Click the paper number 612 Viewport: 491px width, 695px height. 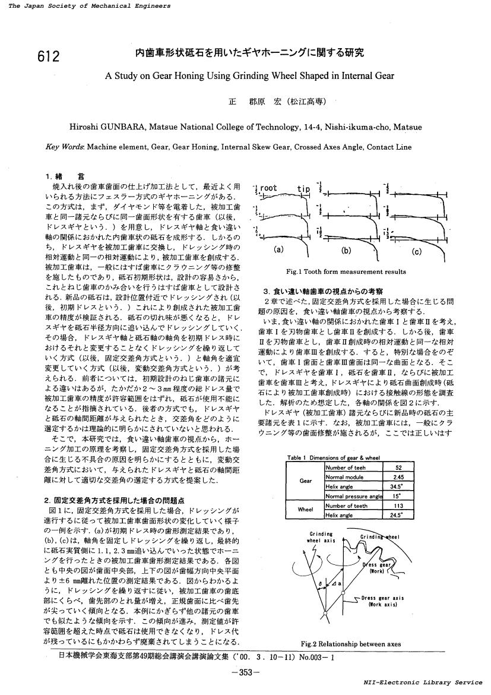[x=48, y=56]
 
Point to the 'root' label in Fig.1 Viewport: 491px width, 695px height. [x=268, y=188]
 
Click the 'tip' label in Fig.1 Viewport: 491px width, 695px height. [x=303, y=189]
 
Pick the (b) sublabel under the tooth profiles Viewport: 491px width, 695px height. [x=347, y=250]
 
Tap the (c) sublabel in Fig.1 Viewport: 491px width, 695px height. [x=416, y=251]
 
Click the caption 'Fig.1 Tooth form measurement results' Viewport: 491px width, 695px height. [x=346, y=272]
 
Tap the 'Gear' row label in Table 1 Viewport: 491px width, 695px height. [x=305, y=482]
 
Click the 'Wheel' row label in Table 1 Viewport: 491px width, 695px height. [x=305, y=510]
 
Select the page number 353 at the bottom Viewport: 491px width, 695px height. [x=245, y=672]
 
